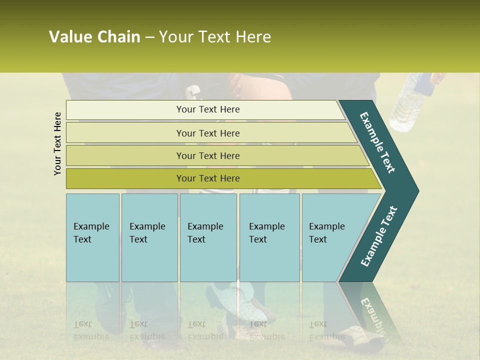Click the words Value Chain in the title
94,37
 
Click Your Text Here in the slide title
215,37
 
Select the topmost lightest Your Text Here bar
207,109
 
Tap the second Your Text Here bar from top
207,133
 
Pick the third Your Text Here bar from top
207,155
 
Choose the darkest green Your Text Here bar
207,178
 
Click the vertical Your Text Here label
57,143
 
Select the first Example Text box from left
92,237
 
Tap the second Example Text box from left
149,237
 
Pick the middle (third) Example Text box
207,237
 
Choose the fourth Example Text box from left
269,237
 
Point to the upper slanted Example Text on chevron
377,142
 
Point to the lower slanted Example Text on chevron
379,236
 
